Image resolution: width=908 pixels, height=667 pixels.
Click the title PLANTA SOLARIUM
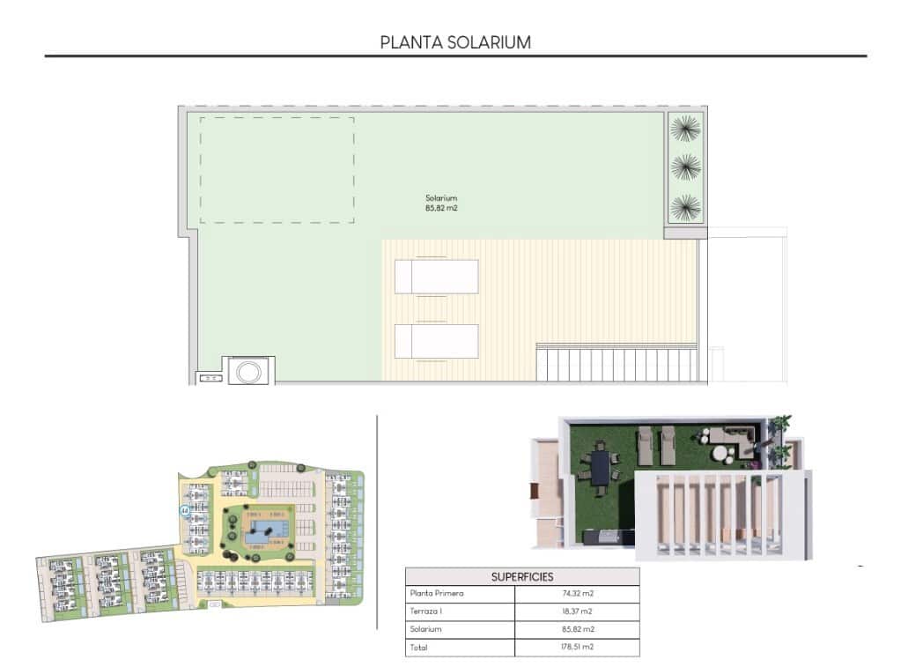point(454,41)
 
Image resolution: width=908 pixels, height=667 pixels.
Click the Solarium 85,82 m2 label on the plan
point(441,204)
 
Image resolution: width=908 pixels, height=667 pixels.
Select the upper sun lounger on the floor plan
point(437,277)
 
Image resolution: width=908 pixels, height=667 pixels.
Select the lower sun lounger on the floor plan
point(437,341)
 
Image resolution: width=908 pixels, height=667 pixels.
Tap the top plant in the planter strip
point(684,130)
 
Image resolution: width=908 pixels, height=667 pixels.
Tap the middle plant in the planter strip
point(684,167)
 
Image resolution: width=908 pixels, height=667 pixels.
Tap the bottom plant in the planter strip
point(684,208)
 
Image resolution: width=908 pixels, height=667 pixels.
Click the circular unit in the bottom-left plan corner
point(247,372)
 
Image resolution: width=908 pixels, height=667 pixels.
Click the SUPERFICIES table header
point(522,577)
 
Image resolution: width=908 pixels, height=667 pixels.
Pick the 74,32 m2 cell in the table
point(577,594)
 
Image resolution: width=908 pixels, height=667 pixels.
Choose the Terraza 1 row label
point(424,611)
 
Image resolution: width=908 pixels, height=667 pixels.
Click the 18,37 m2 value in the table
point(577,611)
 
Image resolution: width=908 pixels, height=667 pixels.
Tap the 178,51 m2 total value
point(577,648)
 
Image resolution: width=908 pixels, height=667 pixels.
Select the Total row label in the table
point(419,648)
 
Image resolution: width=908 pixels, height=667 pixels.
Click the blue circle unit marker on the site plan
point(184,510)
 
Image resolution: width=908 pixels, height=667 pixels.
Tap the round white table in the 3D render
point(721,454)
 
